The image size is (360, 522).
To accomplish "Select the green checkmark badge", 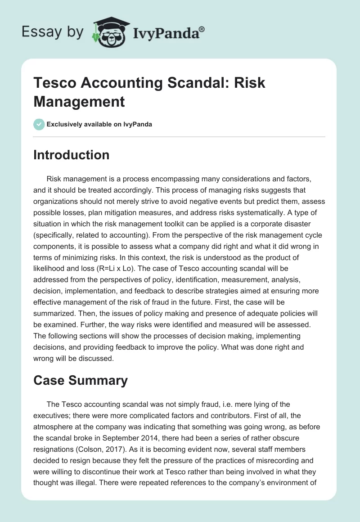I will pyautogui.click(x=39, y=124).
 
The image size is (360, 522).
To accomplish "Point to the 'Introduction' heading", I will pyautogui.click(x=72, y=155).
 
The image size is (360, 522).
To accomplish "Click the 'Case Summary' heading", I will pyautogui.click(x=81, y=380).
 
